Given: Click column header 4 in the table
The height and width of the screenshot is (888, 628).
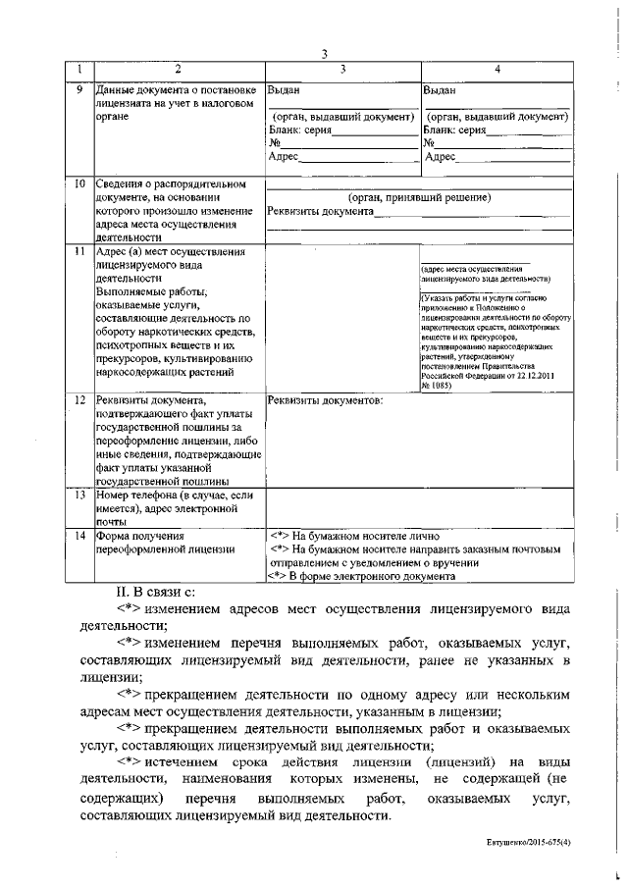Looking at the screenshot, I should pos(497,69).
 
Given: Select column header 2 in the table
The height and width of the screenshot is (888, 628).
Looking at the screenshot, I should pos(178,69).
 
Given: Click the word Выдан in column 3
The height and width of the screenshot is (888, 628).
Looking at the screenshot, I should pos(284,89).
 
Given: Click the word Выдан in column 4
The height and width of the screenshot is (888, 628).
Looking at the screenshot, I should pos(439,89).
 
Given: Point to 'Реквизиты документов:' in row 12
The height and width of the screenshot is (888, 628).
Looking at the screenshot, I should pos(325,400).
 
